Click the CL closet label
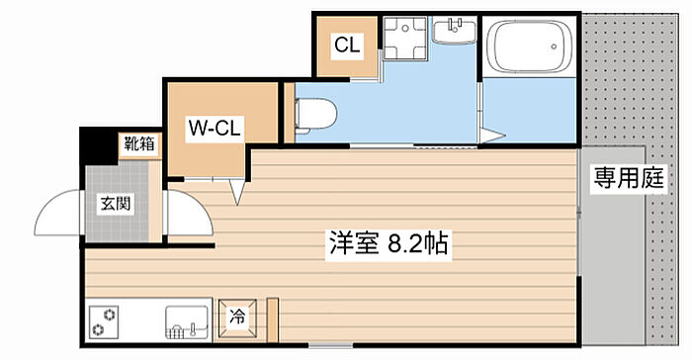pyautogui.click(x=347, y=45)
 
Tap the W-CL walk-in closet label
pyautogui.click(x=215, y=129)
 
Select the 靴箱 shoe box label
pyautogui.click(x=139, y=144)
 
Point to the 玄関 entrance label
pyautogui.click(x=116, y=204)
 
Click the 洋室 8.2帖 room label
pyautogui.click(x=389, y=243)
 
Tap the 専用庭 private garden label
pyautogui.click(x=628, y=178)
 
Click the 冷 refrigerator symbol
pyautogui.click(x=237, y=318)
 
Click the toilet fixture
pyautogui.click(x=315, y=114)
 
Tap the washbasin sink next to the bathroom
pyautogui.click(x=454, y=31)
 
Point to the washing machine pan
pyautogui.click(x=404, y=38)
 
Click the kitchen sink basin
pyautogui.click(x=187, y=322)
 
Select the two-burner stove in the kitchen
pyautogui.click(x=104, y=322)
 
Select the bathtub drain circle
pyautogui.click(x=554, y=45)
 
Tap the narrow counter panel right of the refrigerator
pyautogui.click(x=273, y=320)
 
